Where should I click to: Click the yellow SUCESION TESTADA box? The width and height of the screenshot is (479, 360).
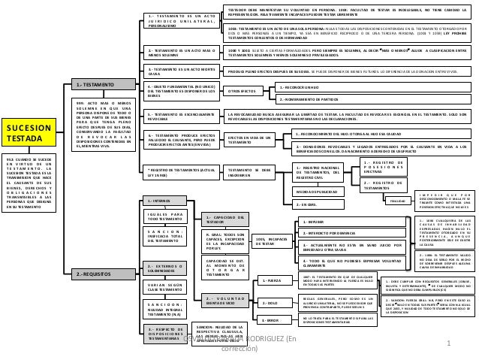[x=27, y=135]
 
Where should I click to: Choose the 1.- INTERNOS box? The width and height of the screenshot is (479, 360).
[x=160, y=201]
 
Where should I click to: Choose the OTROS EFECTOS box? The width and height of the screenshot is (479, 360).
[x=247, y=91]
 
